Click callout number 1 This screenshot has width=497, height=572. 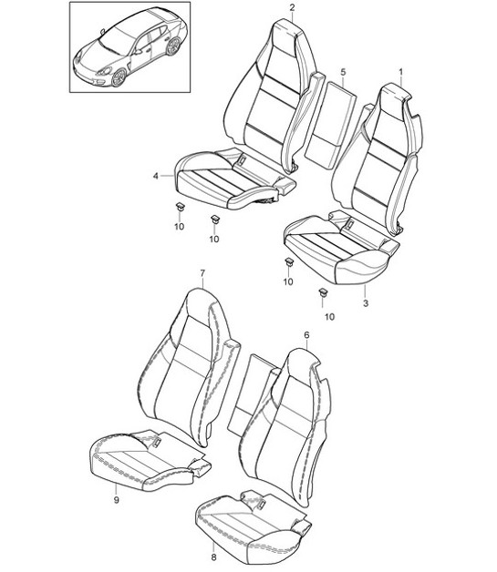pyautogui.click(x=400, y=70)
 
